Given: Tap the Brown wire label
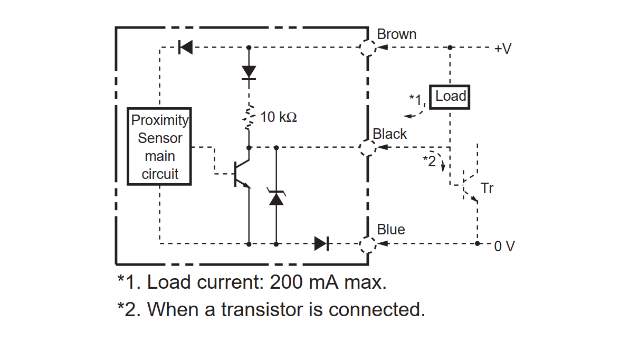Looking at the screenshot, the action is [x=396, y=34].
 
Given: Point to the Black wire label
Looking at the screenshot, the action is [x=389, y=134].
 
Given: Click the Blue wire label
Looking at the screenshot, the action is [x=391, y=229].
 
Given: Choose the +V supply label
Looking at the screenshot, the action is [x=503, y=49].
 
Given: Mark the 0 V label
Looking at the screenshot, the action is [x=504, y=246].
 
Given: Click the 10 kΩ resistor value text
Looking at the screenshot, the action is [x=279, y=117].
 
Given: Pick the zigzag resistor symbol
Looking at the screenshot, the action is [x=249, y=118].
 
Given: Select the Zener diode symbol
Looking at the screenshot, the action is [x=276, y=196].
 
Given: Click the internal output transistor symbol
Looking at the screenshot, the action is [x=242, y=174].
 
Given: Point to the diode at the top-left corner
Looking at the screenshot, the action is [x=185, y=47].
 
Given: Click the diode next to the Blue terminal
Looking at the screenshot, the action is [x=321, y=244].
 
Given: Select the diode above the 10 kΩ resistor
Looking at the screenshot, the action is [x=249, y=72].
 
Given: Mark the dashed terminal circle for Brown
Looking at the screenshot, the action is [x=368, y=41].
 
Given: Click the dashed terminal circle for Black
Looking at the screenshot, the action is [x=368, y=140].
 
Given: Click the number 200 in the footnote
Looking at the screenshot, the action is [x=286, y=282].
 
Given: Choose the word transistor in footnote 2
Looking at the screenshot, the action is [x=262, y=309].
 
